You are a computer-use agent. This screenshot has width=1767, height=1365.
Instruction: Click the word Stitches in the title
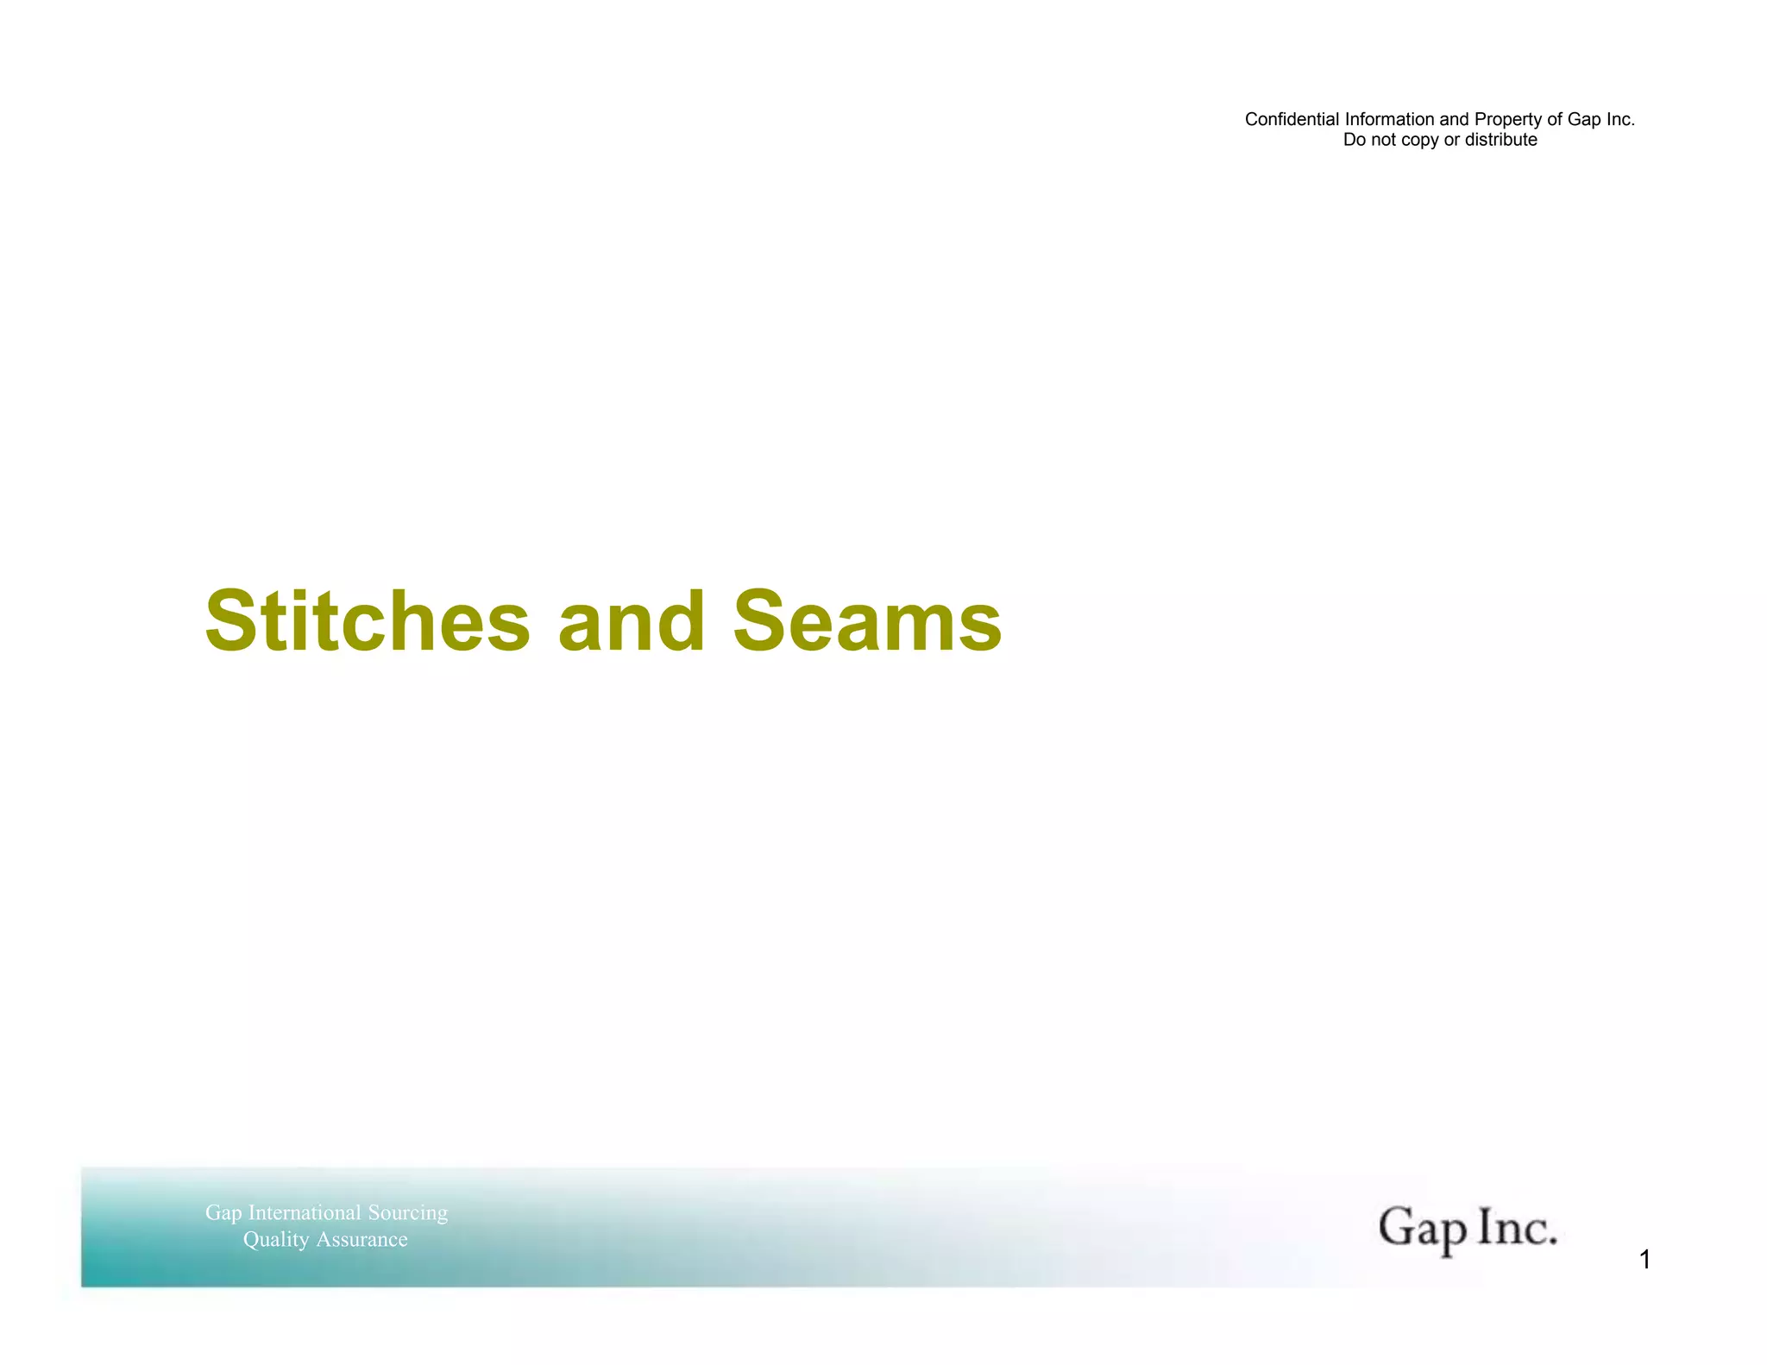point(368,621)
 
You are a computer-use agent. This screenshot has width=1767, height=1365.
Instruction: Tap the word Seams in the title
point(867,621)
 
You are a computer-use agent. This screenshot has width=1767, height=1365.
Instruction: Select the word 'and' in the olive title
point(632,621)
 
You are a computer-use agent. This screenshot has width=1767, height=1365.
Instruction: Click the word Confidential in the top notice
point(1292,119)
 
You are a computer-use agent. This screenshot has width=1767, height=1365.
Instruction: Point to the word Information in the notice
point(1390,119)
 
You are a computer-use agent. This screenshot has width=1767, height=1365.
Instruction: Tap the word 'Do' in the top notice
point(1354,140)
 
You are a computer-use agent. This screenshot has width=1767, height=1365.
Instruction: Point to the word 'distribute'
point(1501,140)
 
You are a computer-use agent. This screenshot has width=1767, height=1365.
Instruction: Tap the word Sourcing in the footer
point(408,1213)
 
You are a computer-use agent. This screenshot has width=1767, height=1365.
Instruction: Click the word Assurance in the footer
point(362,1240)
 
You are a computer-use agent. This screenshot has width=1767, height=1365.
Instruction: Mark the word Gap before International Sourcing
point(223,1213)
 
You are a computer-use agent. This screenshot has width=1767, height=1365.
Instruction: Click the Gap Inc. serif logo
point(1467,1228)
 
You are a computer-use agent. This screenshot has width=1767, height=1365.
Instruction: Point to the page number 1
point(1644,1261)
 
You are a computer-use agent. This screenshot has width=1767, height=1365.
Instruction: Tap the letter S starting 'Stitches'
point(230,621)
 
